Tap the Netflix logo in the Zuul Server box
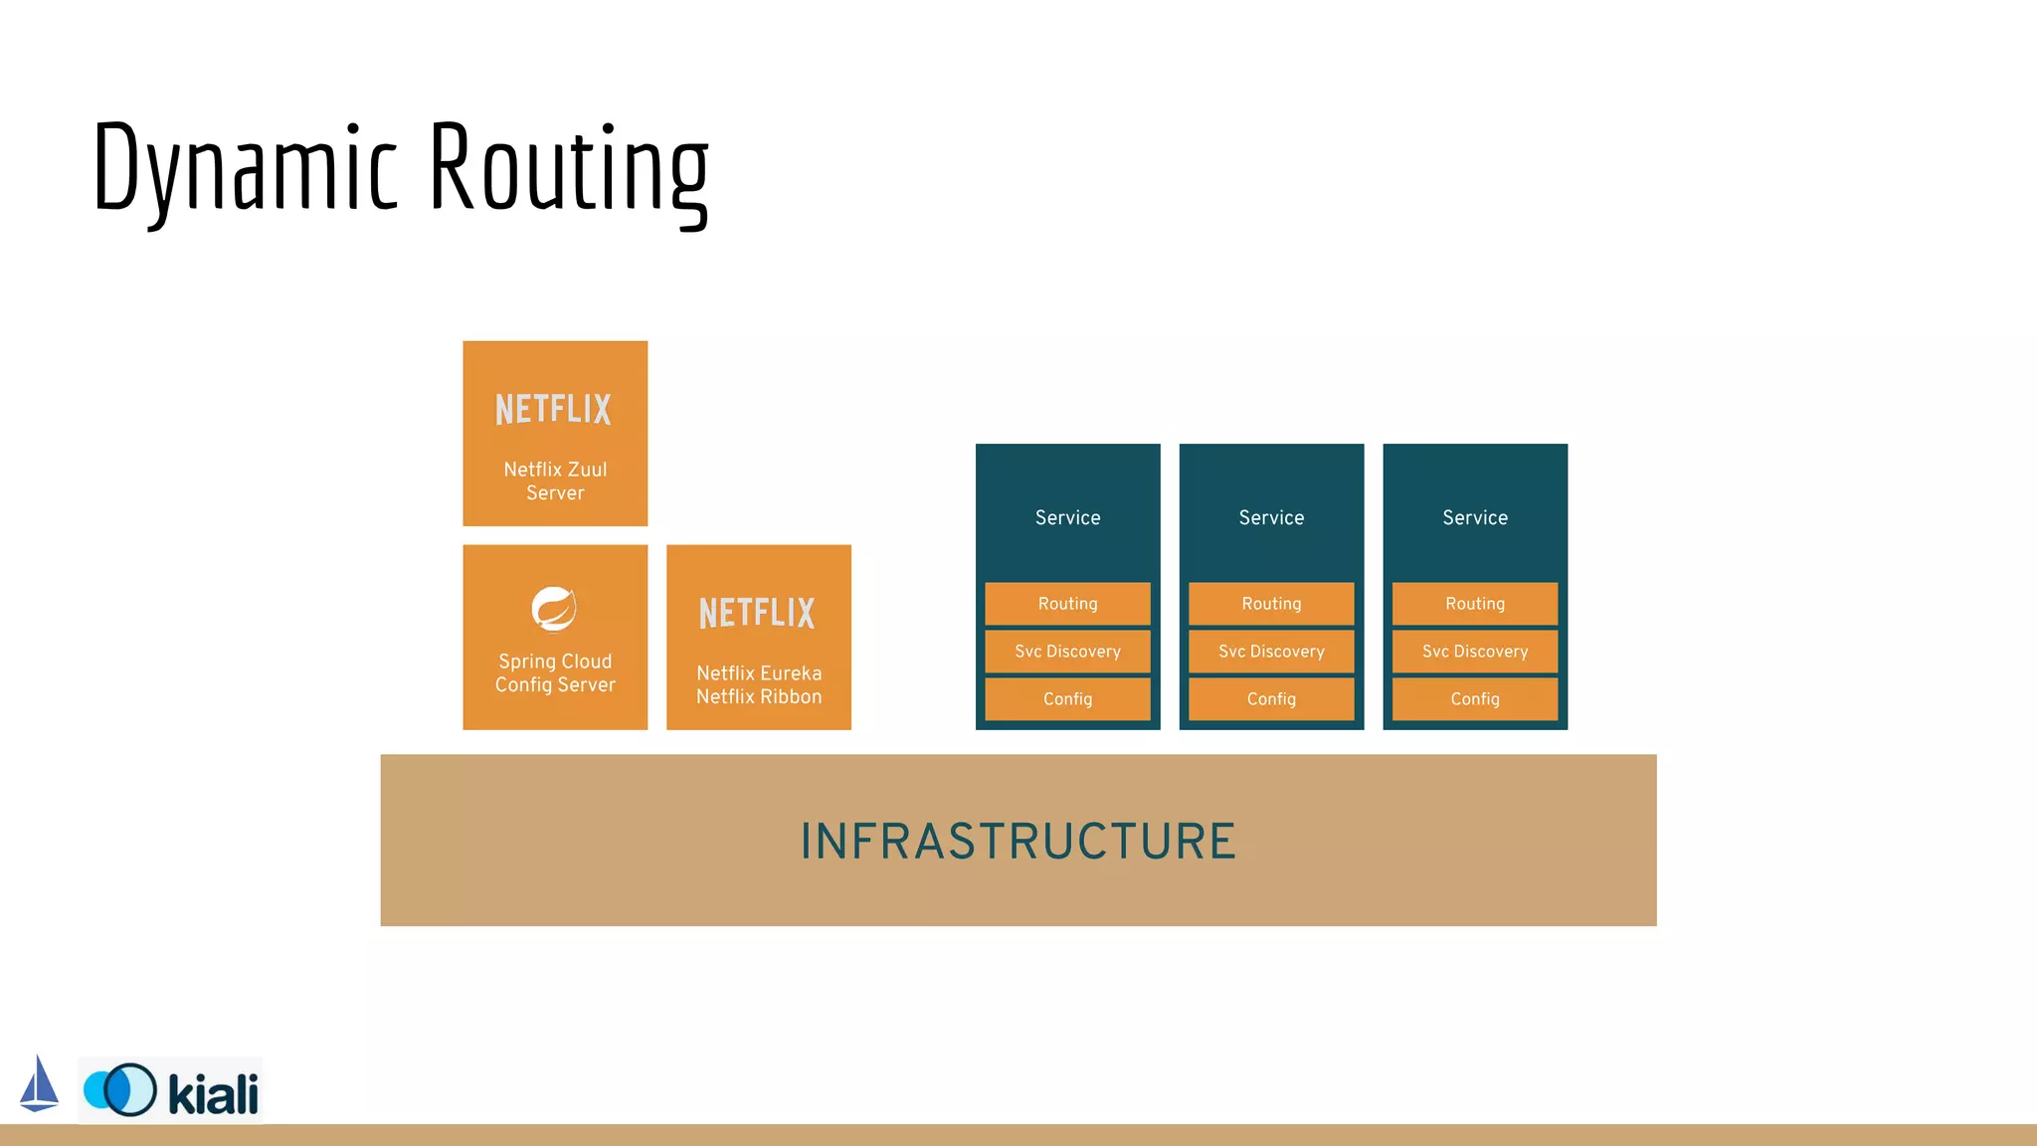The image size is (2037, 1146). (x=554, y=409)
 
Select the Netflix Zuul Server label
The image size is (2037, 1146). (x=555, y=480)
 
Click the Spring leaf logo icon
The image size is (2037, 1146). (x=554, y=609)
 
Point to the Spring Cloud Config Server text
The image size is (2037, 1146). (x=555, y=672)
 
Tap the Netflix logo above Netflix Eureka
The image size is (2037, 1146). (x=758, y=613)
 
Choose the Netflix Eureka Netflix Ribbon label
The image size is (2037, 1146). (x=759, y=684)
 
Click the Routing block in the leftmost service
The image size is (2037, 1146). (x=1067, y=604)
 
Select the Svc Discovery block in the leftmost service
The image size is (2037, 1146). (x=1067, y=652)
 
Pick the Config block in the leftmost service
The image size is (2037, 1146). (x=1067, y=699)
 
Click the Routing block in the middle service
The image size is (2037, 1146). (x=1271, y=604)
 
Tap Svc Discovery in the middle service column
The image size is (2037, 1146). (x=1271, y=652)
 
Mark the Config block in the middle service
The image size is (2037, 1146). (x=1271, y=699)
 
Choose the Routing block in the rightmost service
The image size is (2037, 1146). (x=1475, y=604)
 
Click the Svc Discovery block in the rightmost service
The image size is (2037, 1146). (x=1475, y=652)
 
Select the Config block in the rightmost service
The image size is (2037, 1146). (x=1475, y=699)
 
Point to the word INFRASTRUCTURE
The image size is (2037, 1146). (x=1018, y=842)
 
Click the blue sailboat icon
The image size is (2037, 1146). (x=39, y=1085)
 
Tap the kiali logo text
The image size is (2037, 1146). (x=213, y=1094)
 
